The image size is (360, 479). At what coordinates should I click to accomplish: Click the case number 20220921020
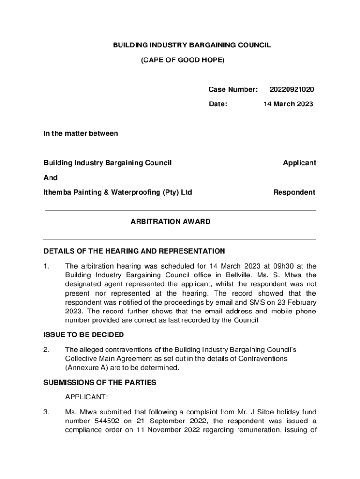click(292, 89)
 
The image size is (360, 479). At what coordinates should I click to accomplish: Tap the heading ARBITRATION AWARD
click(171, 222)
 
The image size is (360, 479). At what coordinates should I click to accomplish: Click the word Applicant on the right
click(299, 163)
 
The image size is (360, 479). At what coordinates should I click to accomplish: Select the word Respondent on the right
click(294, 192)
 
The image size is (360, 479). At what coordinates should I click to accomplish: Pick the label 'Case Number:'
click(233, 89)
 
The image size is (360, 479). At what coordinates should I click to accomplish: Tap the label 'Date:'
click(218, 104)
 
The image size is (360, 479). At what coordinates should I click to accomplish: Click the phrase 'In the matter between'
click(81, 133)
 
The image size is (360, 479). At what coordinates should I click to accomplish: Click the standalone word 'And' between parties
click(50, 178)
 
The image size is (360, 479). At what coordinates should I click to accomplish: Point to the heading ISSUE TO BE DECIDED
click(84, 334)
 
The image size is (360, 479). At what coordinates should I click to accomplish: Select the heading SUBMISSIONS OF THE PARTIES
click(100, 382)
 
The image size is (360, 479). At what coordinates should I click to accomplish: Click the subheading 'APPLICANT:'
click(86, 397)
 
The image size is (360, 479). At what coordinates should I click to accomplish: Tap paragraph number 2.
click(46, 349)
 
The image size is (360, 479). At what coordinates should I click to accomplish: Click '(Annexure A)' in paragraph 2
click(86, 367)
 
